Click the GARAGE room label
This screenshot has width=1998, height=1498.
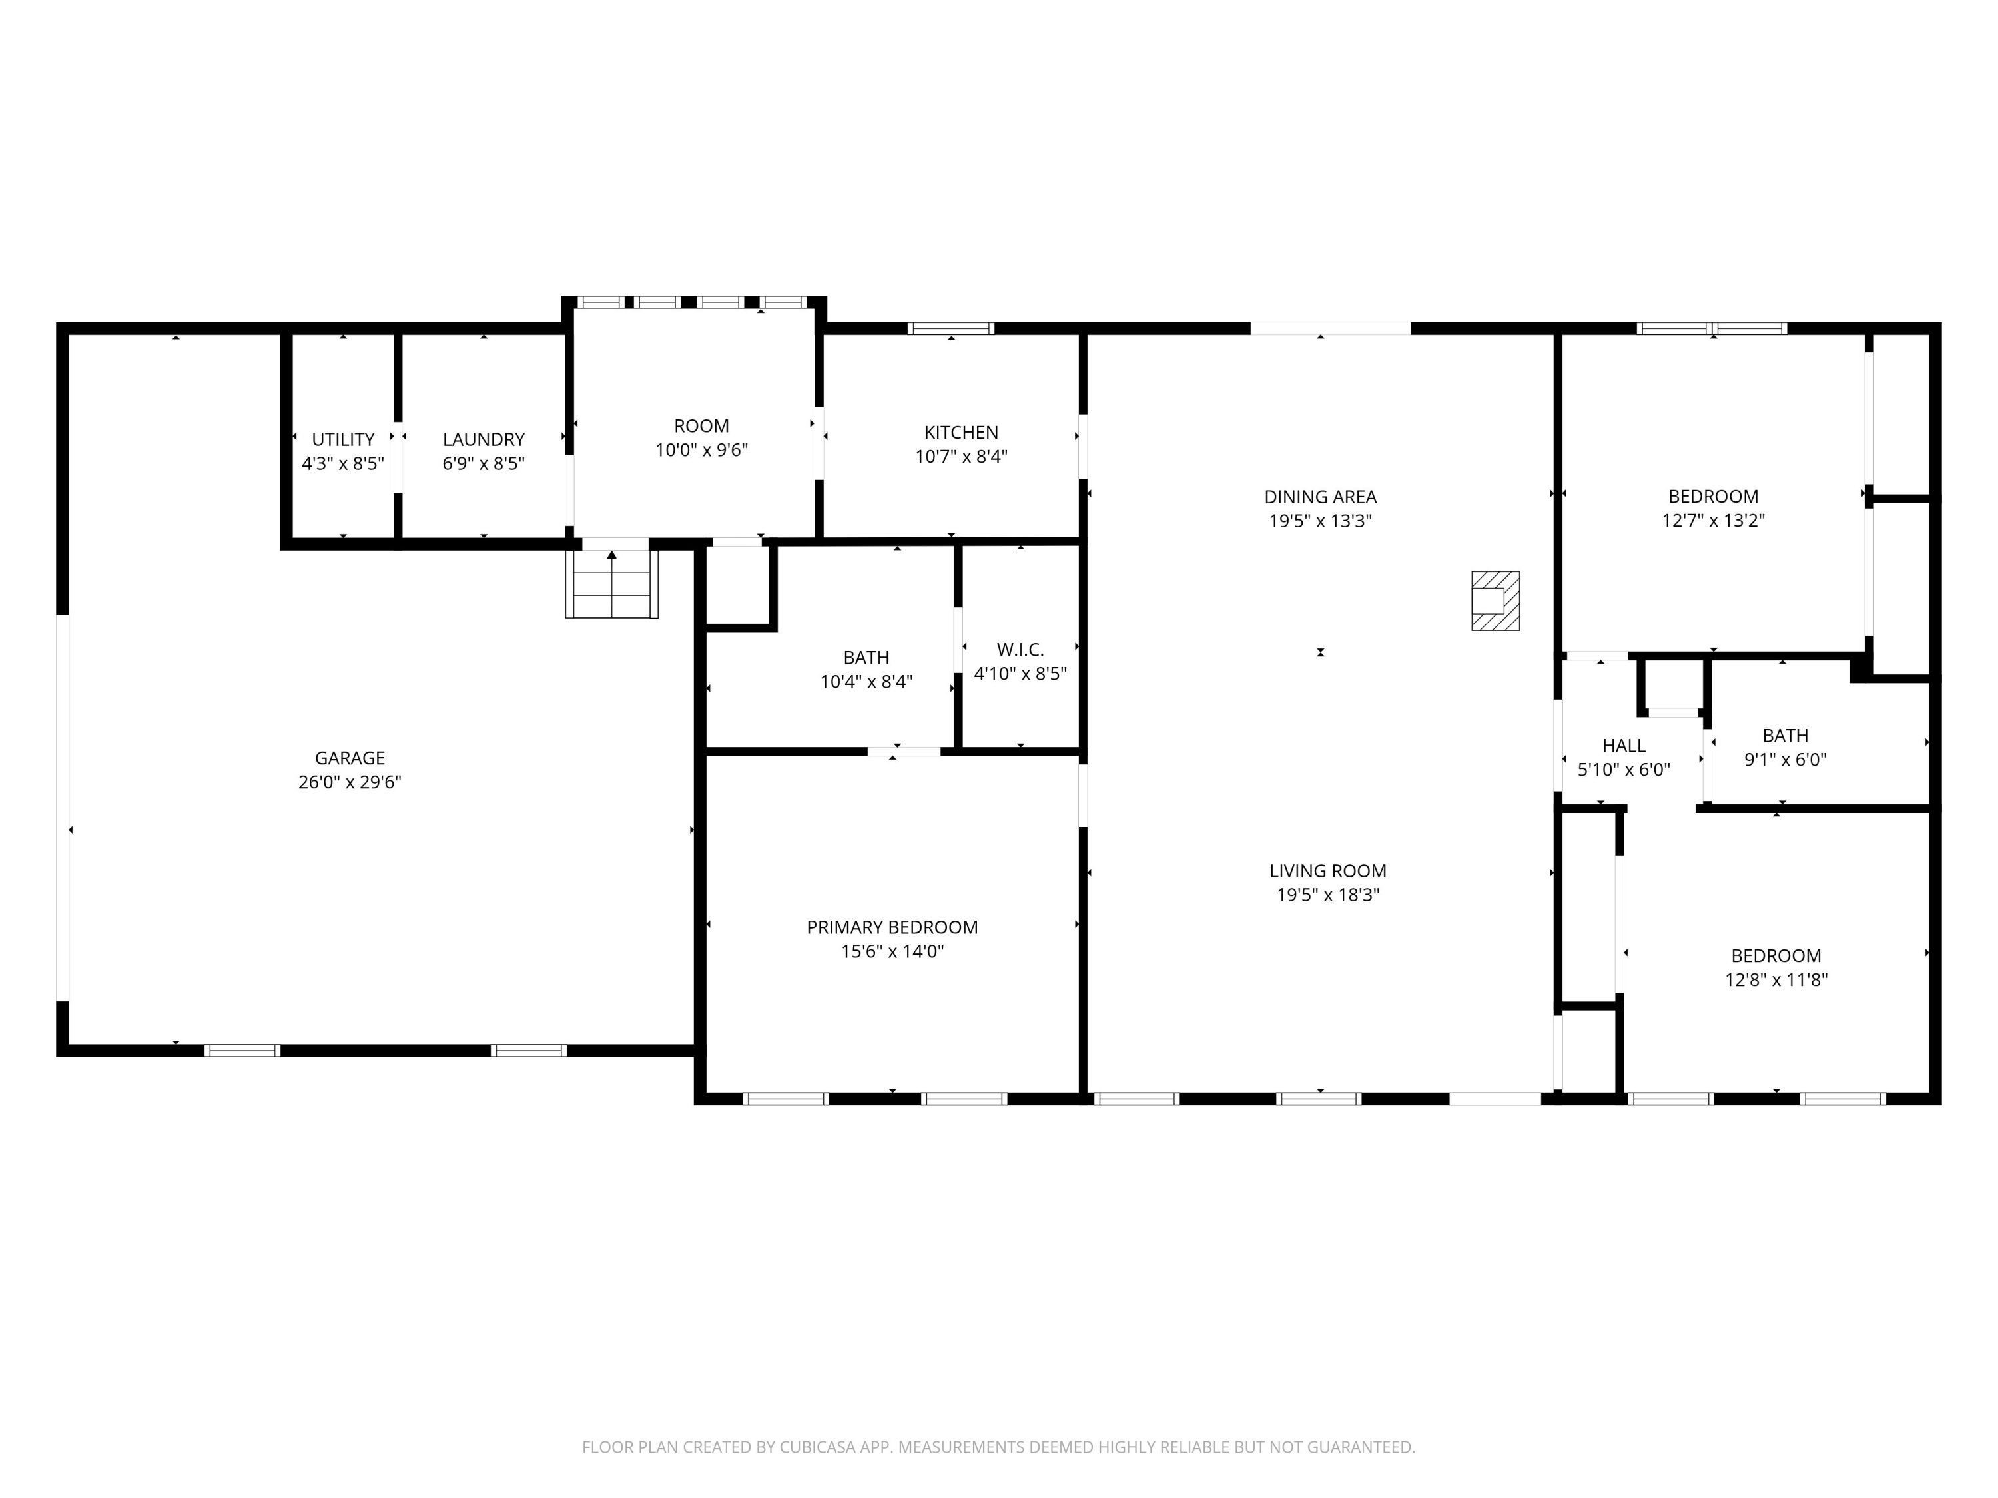coord(350,758)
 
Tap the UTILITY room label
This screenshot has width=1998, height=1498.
coord(342,439)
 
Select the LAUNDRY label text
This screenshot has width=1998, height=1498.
coord(484,439)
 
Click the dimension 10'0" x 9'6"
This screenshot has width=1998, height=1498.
coord(702,449)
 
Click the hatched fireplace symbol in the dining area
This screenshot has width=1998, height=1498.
coord(1495,601)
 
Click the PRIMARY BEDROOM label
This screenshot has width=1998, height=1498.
coord(892,927)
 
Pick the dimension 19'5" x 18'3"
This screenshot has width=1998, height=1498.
coord(1327,895)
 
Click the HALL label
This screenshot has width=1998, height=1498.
coord(1623,745)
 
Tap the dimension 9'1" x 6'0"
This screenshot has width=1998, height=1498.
coord(1785,760)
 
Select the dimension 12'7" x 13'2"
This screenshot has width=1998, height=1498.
coord(1712,520)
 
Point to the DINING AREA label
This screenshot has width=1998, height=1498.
coord(1319,496)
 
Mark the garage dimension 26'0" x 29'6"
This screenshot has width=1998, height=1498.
coord(350,782)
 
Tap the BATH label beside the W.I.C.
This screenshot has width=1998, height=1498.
coord(866,657)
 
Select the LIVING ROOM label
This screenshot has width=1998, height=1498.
coord(1327,870)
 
